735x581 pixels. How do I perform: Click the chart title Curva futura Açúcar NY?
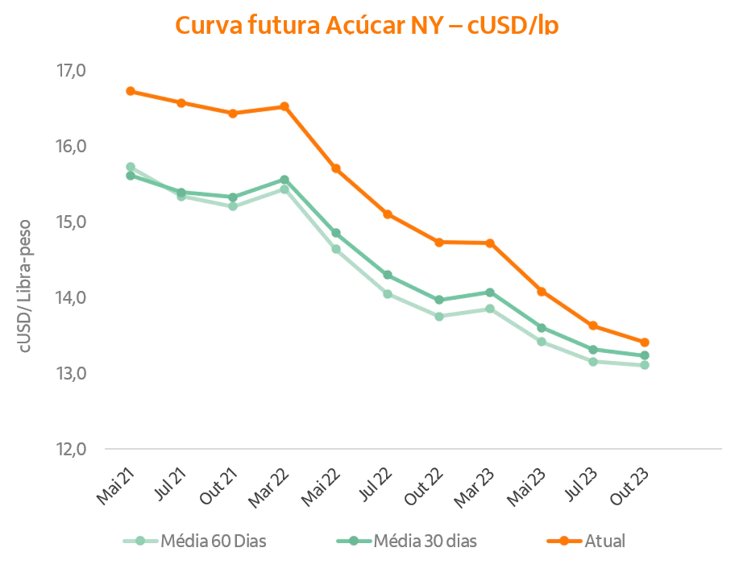point(367,25)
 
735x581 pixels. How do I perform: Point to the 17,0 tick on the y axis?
point(71,71)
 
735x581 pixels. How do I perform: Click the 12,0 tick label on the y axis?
point(71,449)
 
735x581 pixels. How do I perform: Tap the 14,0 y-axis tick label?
point(71,297)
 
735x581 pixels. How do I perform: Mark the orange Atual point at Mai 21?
point(130,91)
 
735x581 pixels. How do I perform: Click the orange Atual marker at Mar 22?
point(284,106)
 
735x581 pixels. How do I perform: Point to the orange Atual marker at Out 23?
point(645,342)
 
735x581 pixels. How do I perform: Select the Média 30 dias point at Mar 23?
point(490,293)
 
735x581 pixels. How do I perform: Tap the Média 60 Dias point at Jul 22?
point(388,294)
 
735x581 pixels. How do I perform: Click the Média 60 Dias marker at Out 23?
point(645,365)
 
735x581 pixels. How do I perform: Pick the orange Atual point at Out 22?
point(439,242)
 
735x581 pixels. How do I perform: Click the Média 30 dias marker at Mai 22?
point(336,233)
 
